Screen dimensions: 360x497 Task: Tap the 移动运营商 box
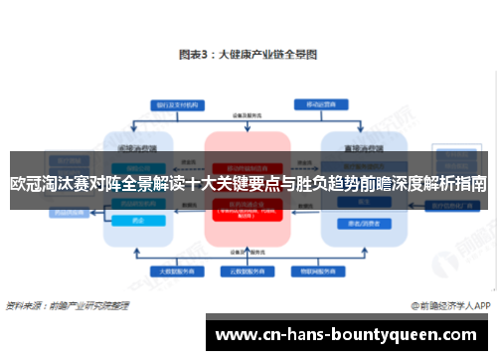pos(318,103)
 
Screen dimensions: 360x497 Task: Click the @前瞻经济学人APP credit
pos(447,304)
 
